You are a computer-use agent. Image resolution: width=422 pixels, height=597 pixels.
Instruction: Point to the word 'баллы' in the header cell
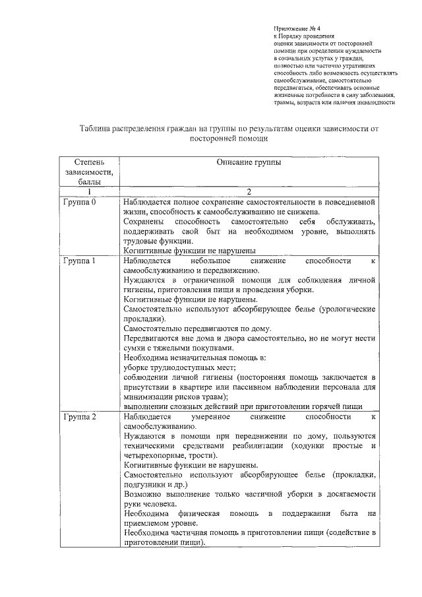pyautogui.click(x=88, y=181)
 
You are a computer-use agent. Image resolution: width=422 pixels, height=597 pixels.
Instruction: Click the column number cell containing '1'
pyautogui.click(x=88, y=192)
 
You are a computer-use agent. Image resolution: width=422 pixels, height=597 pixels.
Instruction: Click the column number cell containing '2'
pyautogui.click(x=249, y=192)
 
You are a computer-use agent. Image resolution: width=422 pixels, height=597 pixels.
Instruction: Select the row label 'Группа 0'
pyautogui.click(x=80, y=202)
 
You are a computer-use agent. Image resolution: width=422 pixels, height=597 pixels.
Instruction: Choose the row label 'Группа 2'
pyautogui.click(x=80, y=418)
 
